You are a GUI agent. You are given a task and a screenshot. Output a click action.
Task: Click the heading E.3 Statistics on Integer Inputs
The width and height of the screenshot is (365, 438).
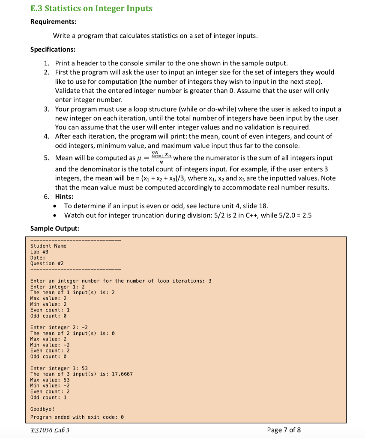tap(91, 8)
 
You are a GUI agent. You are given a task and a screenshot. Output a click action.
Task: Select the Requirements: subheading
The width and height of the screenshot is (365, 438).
tap(53, 22)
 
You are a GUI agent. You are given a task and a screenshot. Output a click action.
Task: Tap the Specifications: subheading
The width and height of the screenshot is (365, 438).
tap(53, 49)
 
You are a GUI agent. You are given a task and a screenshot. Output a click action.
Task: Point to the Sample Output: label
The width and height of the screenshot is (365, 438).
tap(55, 228)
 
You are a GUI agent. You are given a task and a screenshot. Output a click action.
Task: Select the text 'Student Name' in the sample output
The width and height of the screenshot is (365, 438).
tap(48, 246)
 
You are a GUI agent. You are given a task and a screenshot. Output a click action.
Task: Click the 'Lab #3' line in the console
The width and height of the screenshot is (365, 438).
tap(39, 252)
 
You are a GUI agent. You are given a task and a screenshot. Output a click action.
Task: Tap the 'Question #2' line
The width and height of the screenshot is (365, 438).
tap(47, 263)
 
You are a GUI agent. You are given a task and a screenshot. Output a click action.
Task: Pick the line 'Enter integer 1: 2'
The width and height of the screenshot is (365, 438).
tap(57, 287)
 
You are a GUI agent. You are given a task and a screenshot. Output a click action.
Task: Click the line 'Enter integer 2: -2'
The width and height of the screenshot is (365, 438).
tap(59, 327)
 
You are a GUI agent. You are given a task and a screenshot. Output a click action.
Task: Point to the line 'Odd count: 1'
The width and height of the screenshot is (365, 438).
tap(48, 397)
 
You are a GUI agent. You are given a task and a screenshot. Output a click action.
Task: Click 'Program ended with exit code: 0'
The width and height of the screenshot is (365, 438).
tap(77, 417)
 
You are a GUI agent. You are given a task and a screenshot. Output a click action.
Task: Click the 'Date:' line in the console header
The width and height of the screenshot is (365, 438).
tap(38, 257)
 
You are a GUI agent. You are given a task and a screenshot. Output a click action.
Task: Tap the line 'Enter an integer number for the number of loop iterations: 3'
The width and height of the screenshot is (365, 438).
tap(121, 281)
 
